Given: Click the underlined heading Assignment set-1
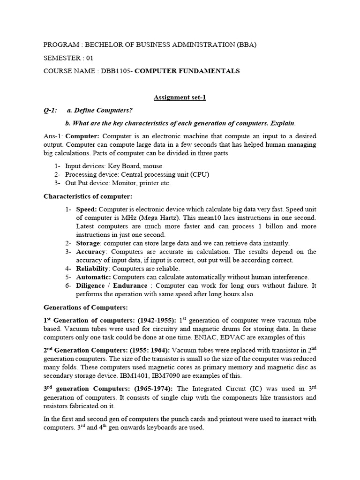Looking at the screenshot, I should coord(180,97).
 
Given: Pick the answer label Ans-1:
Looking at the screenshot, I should coord(53,136).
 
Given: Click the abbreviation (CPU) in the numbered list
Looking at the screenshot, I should coord(199,174).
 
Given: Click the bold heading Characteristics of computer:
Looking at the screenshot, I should coord(88,196).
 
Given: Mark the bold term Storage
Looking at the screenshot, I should coord(89,243).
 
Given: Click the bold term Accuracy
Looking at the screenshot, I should coord(91,252).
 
